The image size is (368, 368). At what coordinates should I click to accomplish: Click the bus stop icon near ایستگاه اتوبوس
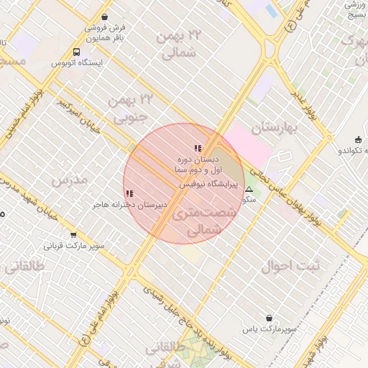[x=77, y=52]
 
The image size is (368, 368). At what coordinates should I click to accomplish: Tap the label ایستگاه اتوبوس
[x=77, y=63]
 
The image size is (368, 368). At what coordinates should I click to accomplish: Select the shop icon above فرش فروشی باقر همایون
[x=106, y=17]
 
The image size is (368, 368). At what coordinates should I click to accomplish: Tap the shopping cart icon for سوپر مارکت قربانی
[x=73, y=235]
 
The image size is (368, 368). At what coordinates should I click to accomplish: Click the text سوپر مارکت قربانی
[x=74, y=246]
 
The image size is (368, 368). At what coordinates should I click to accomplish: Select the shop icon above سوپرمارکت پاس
[x=269, y=318]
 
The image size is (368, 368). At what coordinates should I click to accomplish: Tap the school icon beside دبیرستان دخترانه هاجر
[x=129, y=193]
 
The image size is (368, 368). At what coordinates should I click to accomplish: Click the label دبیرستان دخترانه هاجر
[x=129, y=205]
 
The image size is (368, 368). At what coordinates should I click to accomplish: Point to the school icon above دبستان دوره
[x=198, y=149]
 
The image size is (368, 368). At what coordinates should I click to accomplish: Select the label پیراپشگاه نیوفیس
[x=208, y=185]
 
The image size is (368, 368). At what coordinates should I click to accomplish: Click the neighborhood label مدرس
[x=70, y=178]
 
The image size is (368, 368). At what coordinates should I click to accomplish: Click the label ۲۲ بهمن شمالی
[x=178, y=45]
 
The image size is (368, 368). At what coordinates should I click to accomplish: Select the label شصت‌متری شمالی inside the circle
[x=196, y=222]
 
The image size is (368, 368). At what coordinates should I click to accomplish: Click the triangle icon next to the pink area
[x=249, y=190]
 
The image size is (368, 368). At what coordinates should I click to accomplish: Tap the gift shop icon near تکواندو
[x=358, y=139]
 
